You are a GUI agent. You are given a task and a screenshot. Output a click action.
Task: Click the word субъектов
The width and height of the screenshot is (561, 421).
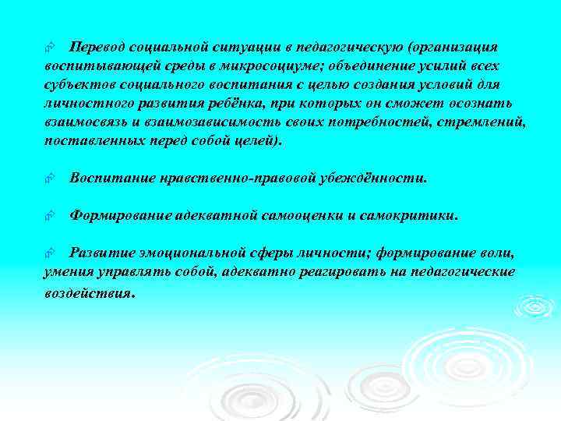pos(77,84)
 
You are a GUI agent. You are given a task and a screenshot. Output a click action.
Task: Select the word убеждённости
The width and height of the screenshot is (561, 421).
pos(378,178)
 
